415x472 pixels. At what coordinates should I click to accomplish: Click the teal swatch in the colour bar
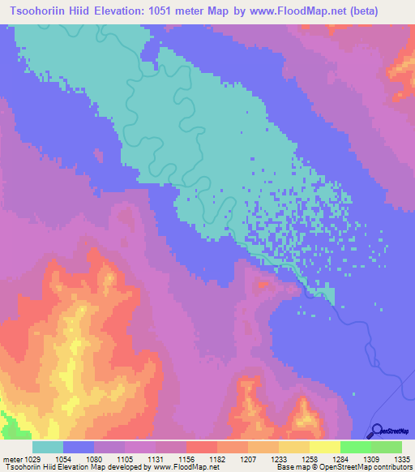[48, 447]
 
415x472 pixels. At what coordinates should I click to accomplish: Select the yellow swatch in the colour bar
[324, 447]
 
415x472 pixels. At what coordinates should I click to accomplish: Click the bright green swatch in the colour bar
[355, 447]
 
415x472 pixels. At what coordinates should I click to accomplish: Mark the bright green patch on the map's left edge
[8, 423]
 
